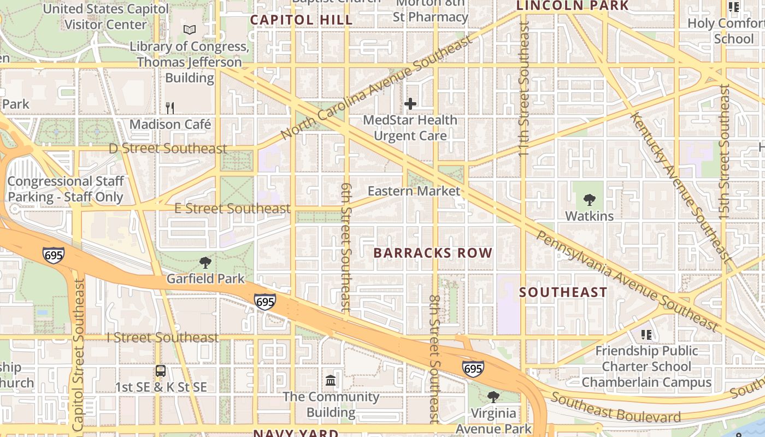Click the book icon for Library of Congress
(190, 29)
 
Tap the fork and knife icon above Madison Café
(170, 108)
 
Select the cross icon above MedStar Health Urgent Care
(410, 104)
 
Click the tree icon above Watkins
(589, 200)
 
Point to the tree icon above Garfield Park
(205, 263)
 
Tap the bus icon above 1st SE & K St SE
(161, 371)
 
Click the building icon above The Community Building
(331, 380)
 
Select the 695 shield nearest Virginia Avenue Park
(473, 369)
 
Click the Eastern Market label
(414, 191)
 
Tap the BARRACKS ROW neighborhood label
(433, 253)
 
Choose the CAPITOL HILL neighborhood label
(301, 21)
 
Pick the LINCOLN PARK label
(573, 6)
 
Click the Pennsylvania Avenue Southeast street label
(627, 281)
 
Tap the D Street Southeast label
(168, 149)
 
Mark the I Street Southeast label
(162, 338)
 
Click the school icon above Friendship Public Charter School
(646, 334)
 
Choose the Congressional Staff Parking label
(66, 189)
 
